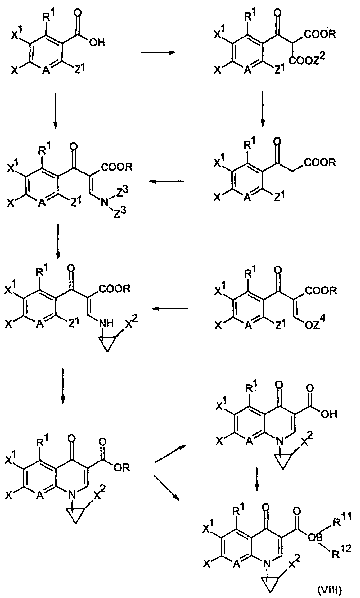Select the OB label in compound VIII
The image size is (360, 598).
point(314,536)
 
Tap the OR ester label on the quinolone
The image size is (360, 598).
point(121,468)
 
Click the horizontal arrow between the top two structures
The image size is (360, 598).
point(158,53)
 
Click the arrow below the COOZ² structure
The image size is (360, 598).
point(262,109)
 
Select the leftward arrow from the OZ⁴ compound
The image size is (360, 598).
point(169,309)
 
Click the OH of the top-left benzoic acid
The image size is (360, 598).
point(97,42)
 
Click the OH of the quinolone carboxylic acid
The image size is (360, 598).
point(329,414)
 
